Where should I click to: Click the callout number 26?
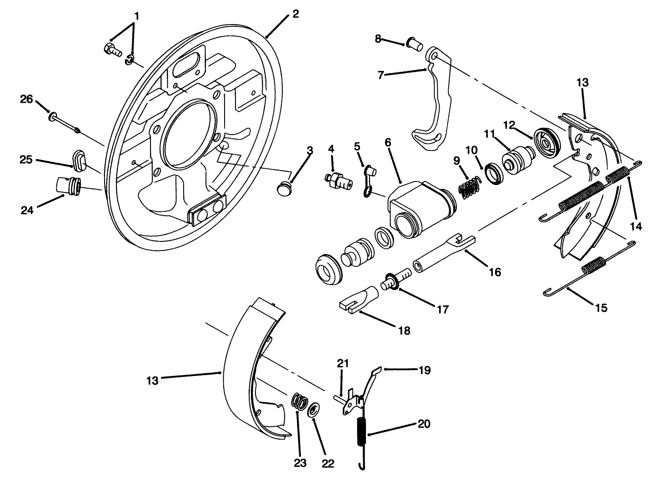[x=26, y=99]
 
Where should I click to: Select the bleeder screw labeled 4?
[x=338, y=181]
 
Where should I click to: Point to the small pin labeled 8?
[x=413, y=45]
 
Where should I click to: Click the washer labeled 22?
[x=313, y=409]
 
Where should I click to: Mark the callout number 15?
[x=601, y=308]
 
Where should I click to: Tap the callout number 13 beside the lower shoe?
[x=152, y=380]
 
